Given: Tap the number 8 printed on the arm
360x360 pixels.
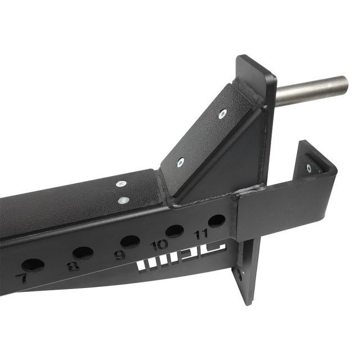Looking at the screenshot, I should tap(73, 267).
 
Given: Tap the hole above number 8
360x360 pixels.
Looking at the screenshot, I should tap(83, 253).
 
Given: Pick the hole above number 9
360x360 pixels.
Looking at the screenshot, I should tap(130, 241).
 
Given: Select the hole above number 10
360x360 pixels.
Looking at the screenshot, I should tap(174, 231).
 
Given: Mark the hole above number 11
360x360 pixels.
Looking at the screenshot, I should tap(216, 220).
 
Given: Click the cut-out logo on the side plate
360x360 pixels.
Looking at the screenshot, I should tap(181, 260).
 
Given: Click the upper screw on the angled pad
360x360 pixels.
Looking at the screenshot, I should tap(223, 114).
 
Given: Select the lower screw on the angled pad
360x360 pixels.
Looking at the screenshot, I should tap(180, 163).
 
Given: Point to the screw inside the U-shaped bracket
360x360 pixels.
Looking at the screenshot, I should tap(309, 168).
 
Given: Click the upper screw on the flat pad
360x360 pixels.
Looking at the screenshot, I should tap(120, 184).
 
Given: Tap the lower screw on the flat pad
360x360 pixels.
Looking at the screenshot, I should tap(122, 199).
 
